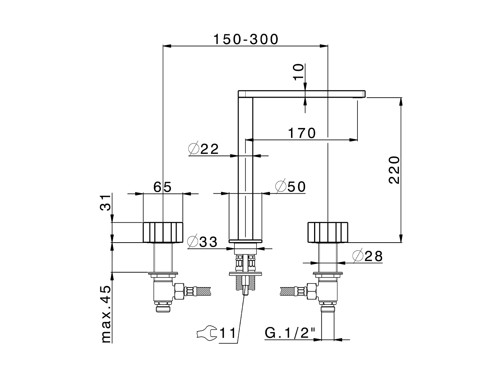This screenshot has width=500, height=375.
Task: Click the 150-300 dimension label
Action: [x=246, y=39]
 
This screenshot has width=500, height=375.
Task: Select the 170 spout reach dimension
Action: [x=302, y=133]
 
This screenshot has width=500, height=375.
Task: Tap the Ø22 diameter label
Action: [x=204, y=149]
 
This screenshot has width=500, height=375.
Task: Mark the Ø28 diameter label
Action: [x=367, y=256]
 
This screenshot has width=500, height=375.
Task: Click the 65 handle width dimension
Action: [x=162, y=187]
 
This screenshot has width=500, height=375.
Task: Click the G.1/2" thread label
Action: [x=290, y=333]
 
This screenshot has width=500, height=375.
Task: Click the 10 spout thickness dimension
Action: [x=298, y=72]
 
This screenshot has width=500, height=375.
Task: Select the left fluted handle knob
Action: [x=163, y=232]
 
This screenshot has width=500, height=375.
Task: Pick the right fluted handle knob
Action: [x=327, y=232]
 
